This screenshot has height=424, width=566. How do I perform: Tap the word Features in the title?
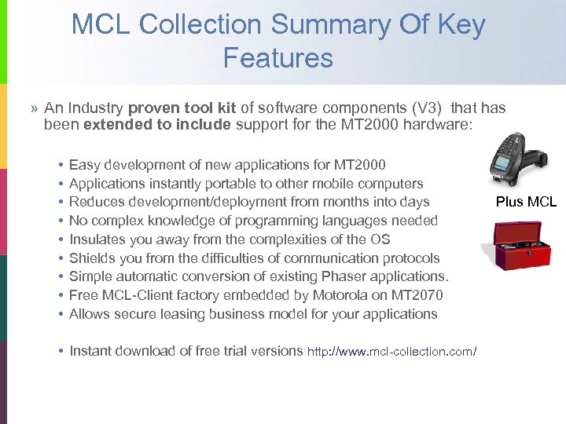(x=277, y=57)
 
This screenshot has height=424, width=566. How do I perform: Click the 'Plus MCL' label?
(x=526, y=202)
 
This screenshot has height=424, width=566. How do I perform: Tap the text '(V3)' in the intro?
(x=425, y=108)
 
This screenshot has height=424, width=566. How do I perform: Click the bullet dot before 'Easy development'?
(x=61, y=165)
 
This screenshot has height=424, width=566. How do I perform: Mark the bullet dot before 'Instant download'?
(x=61, y=351)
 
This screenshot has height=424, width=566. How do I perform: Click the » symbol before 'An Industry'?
(x=35, y=108)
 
